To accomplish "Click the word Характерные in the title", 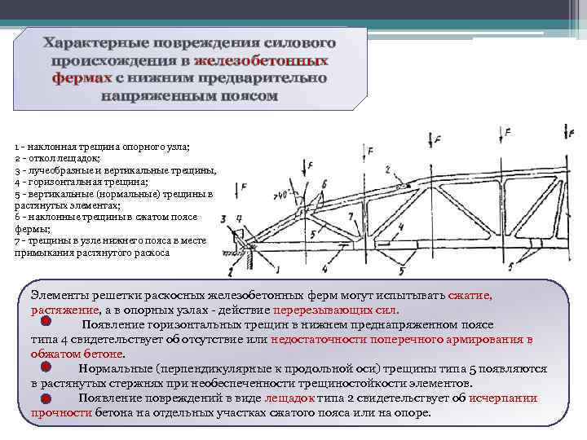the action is click(x=90, y=41).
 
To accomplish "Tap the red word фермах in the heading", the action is click(x=82, y=78).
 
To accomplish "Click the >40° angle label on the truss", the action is click(x=283, y=194).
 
